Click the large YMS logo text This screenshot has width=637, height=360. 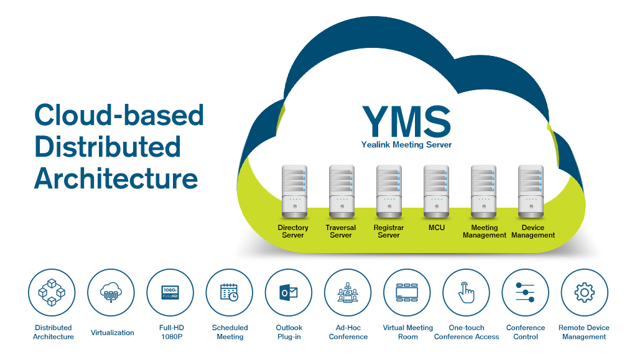coord(406,122)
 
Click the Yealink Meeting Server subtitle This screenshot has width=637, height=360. coord(406,145)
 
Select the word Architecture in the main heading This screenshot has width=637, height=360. coord(116,178)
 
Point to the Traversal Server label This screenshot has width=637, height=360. coord(341,231)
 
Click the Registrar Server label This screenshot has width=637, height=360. coord(389,231)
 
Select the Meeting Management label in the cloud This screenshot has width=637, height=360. coord(485,231)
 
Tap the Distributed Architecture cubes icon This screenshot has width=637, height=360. coord(52,292)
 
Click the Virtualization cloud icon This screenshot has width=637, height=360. coord(111,292)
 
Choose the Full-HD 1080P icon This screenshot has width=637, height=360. coord(170,292)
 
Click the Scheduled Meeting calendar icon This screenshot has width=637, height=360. coord(230,292)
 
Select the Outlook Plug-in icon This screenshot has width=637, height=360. coord(289,292)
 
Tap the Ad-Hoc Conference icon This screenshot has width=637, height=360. coord(348,292)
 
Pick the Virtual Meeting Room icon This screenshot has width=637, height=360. coord(407,292)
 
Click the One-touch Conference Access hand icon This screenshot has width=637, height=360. coord(466,292)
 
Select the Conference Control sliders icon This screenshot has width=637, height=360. coord(526,292)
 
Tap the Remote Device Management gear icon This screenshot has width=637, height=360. coord(584,292)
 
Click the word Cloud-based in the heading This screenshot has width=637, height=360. coord(119,115)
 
